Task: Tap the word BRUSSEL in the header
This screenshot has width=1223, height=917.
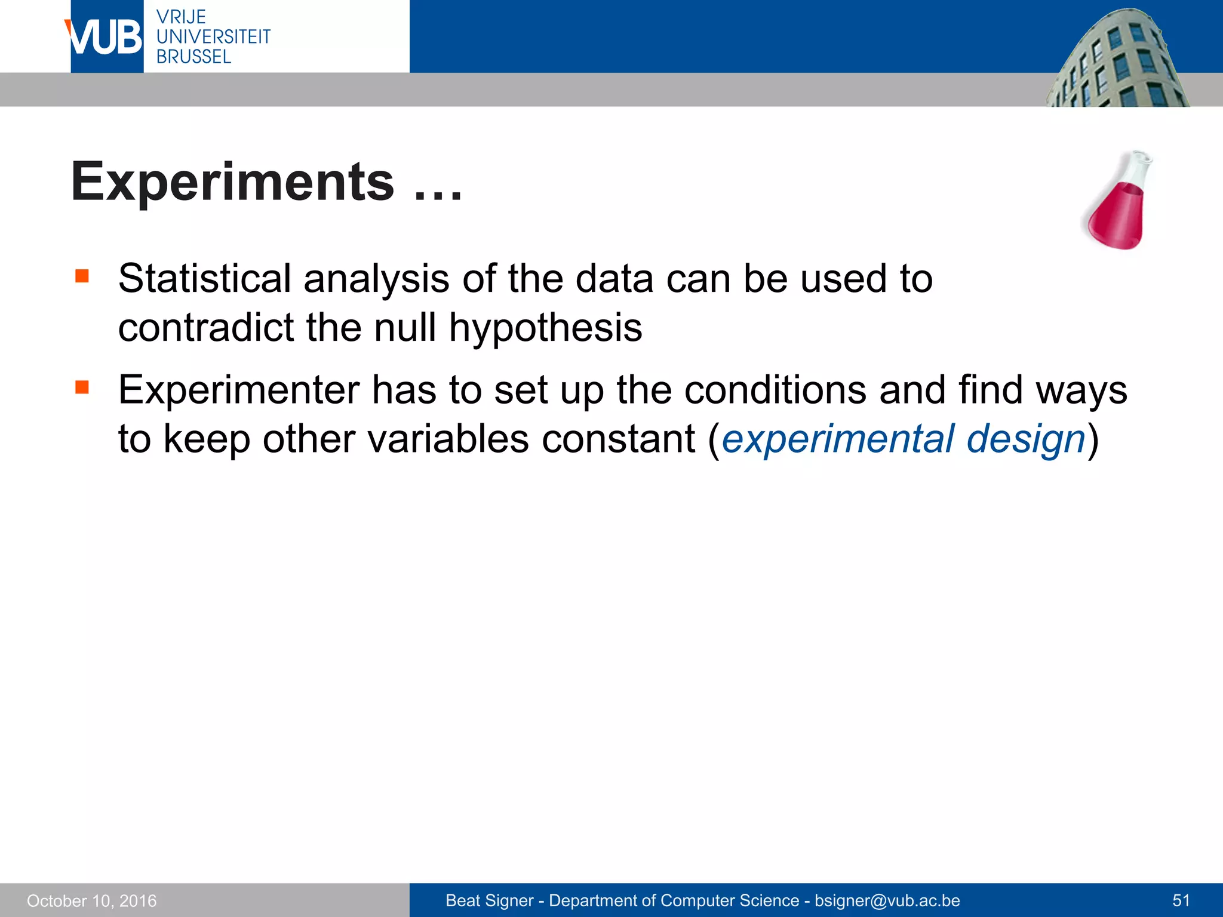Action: tap(193, 57)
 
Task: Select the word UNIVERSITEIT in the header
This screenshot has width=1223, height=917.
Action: tap(213, 36)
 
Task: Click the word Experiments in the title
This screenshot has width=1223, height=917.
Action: tap(232, 181)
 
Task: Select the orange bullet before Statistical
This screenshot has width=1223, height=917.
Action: tap(82, 276)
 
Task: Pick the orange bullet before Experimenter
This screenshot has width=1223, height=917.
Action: tap(82, 387)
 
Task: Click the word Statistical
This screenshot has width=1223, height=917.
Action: tap(204, 279)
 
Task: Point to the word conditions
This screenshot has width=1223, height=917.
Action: tap(775, 390)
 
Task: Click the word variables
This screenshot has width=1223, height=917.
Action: tap(448, 439)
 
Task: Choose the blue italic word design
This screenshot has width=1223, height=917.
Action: tap(1025, 439)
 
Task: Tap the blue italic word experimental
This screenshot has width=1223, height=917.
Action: tap(837, 439)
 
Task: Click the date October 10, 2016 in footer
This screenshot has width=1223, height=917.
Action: tap(92, 901)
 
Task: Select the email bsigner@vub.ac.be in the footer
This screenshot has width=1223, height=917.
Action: tap(887, 900)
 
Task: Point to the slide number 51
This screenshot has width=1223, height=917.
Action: tap(1181, 900)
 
